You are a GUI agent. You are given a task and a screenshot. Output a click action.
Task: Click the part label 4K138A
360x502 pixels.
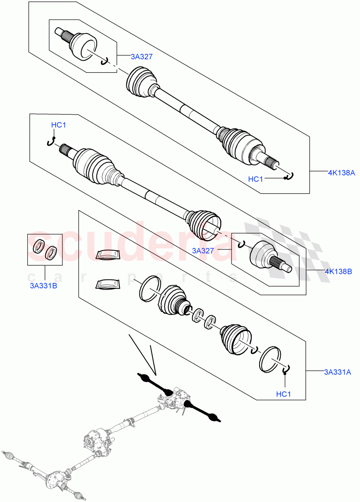tap(341, 172)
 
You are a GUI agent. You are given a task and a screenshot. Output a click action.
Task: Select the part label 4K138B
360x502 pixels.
tap(338, 271)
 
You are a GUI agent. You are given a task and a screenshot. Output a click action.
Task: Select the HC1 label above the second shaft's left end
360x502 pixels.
tap(59, 125)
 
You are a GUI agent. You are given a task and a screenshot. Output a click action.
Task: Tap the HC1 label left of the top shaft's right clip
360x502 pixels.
tap(256, 179)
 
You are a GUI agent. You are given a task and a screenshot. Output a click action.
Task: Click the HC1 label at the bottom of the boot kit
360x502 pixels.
tap(284, 394)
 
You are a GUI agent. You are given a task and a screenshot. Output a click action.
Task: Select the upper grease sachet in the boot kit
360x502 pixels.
tap(108, 254)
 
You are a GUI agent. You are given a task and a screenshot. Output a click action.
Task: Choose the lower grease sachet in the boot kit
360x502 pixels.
tap(107, 284)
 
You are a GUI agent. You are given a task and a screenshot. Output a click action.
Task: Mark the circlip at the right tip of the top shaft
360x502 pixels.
tap(290, 176)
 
